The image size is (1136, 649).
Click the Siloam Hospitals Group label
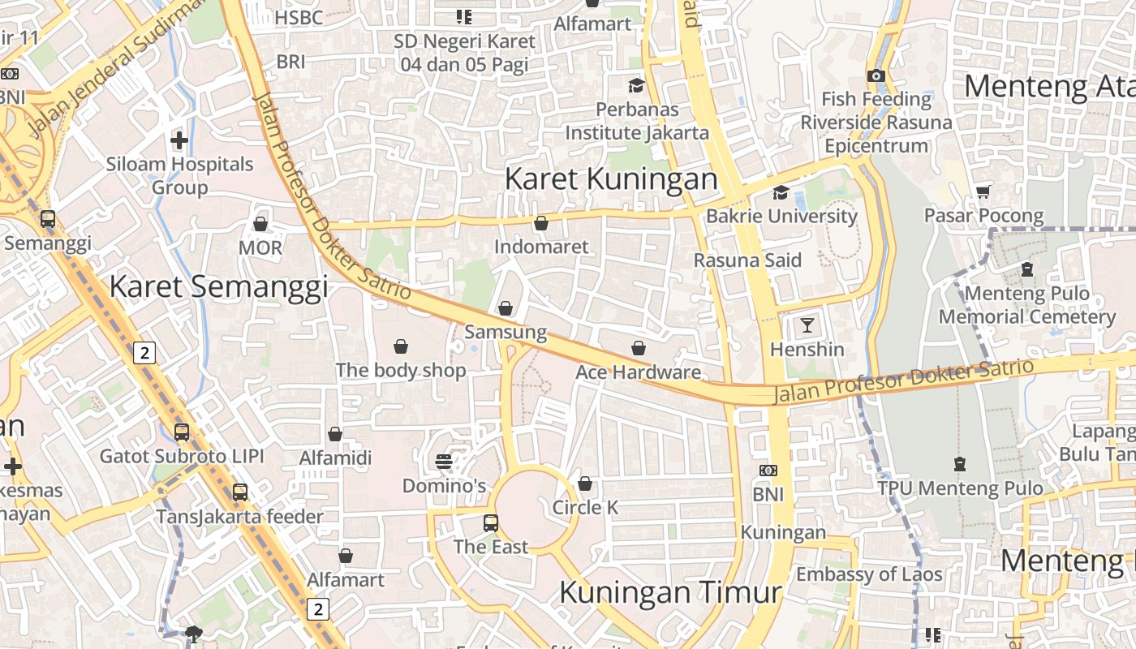pyautogui.click(x=179, y=175)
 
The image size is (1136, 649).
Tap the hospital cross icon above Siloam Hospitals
pyautogui.click(x=179, y=140)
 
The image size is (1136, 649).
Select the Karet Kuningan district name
pyautogui.click(x=611, y=179)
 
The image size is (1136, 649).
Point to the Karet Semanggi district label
pyautogui.click(x=218, y=286)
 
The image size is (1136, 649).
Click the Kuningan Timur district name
pyautogui.click(x=670, y=592)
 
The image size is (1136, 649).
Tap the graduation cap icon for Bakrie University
pyautogui.click(x=781, y=192)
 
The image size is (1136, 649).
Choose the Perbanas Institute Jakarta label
pyautogui.click(x=637, y=120)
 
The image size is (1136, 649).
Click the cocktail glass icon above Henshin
pyautogui.click(x=807, y=325)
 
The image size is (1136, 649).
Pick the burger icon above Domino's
pyautogui.click(x=443, y=462)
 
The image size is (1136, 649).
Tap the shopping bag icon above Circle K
pyautogui.click(x=585, y=484)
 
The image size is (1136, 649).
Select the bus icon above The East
pyautogui.click(x=491, y=523)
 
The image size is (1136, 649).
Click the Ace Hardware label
pyautogui.click(x=638, y=372)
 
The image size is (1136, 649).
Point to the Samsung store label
pyautogui.click(x=506, y=332)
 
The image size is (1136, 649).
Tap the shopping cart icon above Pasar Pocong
pyautogui.click(x=983, y=191)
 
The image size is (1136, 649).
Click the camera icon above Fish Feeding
pyautogui.click(x=876, y=75)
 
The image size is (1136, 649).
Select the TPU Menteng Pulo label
pyautogui.click(x=960, y=488)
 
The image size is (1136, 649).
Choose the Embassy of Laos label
pyautogui.click(x=869, y=574)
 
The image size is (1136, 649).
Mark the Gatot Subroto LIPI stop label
pyautogui.click(x=182, y=456)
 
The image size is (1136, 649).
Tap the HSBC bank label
pyautogui.click(x=299, y=17)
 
